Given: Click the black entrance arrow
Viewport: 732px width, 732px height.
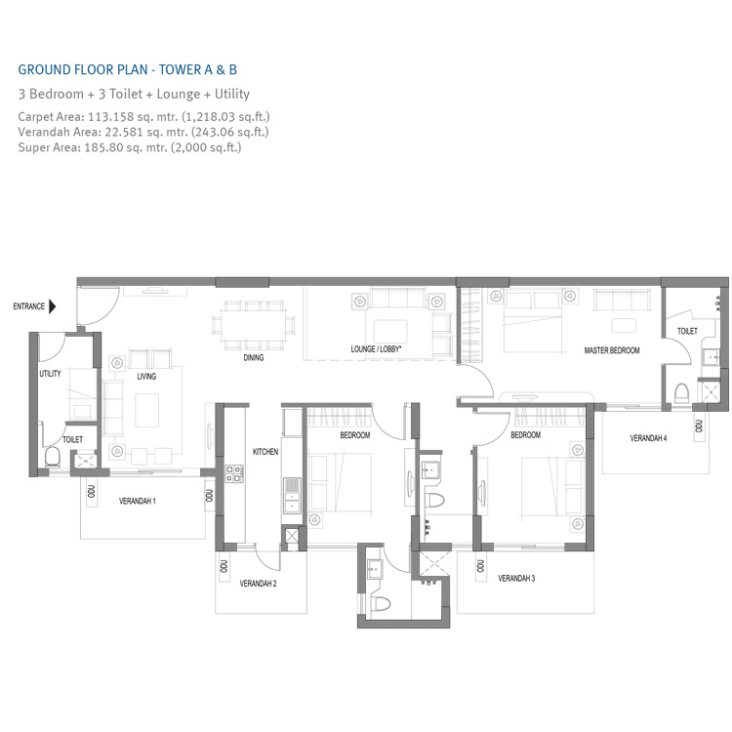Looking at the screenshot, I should coord(52,306).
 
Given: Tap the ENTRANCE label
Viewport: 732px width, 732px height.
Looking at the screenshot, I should coord(28,306).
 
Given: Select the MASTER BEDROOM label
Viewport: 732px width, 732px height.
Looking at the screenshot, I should coord(612,350).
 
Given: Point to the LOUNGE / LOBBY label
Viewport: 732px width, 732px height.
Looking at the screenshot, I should coord(378,348).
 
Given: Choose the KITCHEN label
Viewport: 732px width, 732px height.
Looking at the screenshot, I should coord(265,452).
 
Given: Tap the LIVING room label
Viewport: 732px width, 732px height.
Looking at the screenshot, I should coord(146,376).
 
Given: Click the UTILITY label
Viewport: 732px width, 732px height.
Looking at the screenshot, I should coord(51,374).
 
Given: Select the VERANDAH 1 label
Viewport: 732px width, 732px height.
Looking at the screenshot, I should coord(138,501).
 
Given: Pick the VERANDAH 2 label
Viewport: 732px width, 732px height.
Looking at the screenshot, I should coord(259,584).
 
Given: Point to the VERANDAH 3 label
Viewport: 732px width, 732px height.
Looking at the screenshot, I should coord(516,579).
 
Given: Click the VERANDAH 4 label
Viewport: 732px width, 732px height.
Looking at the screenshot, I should coord(648,438).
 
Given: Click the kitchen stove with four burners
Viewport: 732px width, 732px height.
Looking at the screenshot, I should coord(234,474).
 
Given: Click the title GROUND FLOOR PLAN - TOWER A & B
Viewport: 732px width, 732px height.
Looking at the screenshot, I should coord(128,70).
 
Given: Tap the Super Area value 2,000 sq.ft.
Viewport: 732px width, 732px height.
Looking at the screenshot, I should coord(203,147).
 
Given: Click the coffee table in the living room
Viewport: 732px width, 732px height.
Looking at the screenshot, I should coord(150,407).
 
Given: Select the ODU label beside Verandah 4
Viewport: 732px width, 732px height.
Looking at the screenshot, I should coord(700,426).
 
